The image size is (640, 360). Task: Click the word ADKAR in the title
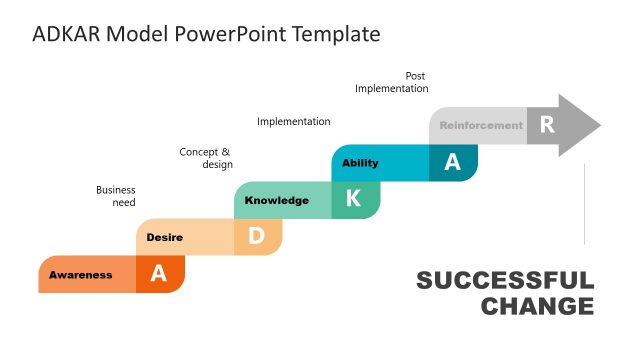[65, 34]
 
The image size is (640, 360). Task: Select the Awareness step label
[81, 275]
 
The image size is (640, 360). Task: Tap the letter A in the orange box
[158, 275]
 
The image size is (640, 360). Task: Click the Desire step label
[164, 237]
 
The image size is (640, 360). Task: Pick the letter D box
[256, 237]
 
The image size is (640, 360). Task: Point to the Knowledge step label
[277, 200]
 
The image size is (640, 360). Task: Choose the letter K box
[353, 200]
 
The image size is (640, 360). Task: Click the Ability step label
[360, 163]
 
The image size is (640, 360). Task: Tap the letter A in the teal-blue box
[452, 163]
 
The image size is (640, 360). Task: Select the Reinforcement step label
[481, 126]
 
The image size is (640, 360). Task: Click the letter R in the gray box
[546, 125]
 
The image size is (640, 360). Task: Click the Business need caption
[116, 196]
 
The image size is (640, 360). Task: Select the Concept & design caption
[206, 158]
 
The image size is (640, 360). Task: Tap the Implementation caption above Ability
[293, 122]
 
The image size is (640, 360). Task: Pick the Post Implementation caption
[392, 82]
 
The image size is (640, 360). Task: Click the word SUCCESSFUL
[505, 281]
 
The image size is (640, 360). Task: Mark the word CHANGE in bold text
[537, 306]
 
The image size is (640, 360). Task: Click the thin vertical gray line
[584, 205]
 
